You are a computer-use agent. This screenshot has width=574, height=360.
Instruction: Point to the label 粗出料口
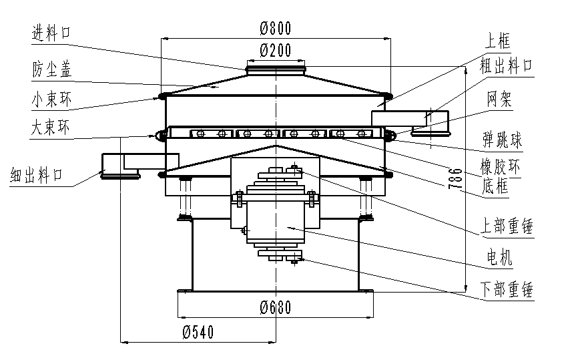click(x=507, y=65)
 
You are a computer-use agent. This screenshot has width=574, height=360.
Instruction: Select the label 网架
click(x=499, y=101)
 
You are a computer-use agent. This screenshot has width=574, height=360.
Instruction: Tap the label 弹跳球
click(x=503, y=141)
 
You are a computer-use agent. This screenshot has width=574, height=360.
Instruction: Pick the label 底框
click(x=495, y=187)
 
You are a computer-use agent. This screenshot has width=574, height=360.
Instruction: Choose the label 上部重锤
click(x=507, y=226)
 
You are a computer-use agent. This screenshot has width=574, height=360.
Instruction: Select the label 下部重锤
click(x=507, y=290)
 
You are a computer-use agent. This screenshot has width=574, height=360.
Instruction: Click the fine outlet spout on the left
click(x=120, y=166)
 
